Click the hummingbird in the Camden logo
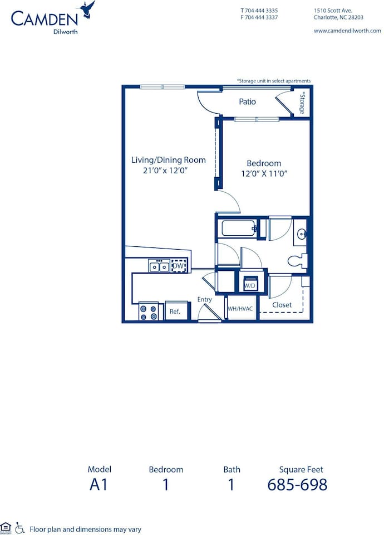(x=87, y=9)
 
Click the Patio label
(x=247, y=101)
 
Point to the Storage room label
(x=302, y=104)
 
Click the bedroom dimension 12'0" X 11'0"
(x=264, y=173)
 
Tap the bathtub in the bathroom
(x=239, y=228)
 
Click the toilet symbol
(x=297, y=260)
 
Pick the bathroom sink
(x=301, y=234)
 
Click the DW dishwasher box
(x=178, y=266)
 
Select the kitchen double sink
(x=159, y=266)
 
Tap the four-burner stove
(x=148, y=312)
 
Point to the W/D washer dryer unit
(x=249, y=282)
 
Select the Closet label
(x=282, y=305)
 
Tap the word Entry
(x=205, y=299)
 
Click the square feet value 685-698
(x=297, y=484)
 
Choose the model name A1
(x=99, y=484)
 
